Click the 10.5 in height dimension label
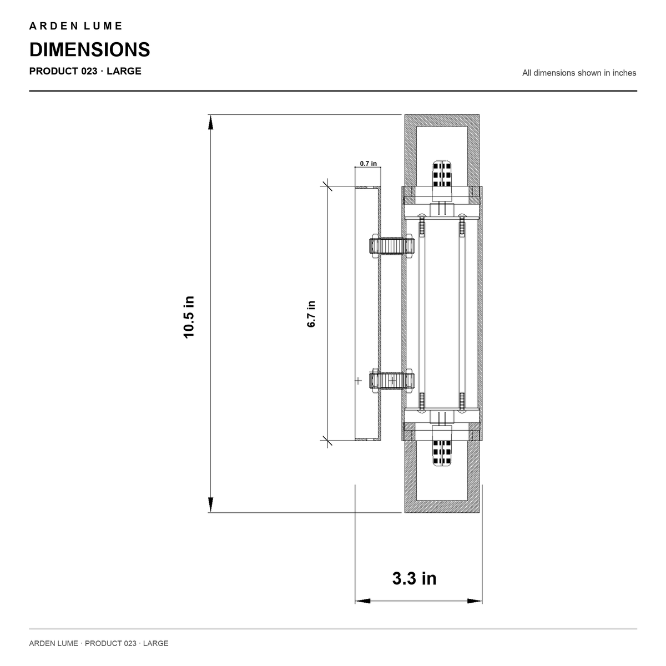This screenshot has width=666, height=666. point(189,316)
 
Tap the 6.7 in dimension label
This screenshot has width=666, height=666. point(311,314)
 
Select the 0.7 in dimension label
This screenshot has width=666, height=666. point(368,164)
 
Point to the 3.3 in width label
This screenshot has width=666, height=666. point(414,578)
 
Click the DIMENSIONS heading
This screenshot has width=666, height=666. point(90,49)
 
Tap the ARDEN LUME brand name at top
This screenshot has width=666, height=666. point(75,26)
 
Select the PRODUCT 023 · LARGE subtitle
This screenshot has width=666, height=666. point(85,71)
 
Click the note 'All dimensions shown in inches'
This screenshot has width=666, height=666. point(579,73)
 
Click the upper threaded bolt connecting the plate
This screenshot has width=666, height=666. point(392,246)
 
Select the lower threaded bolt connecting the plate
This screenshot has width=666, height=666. point(392,381)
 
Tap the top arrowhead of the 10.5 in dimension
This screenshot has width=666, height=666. point(210,122)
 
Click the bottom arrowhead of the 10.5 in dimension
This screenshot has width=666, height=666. point(210,504)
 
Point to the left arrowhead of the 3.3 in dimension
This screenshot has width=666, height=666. point(362,601)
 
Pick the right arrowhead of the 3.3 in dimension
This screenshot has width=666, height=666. point(475,601)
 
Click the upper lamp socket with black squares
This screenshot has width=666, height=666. point(442,180)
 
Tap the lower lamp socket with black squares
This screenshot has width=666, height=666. point(442,446)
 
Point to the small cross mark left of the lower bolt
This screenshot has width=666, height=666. point(359,381)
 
